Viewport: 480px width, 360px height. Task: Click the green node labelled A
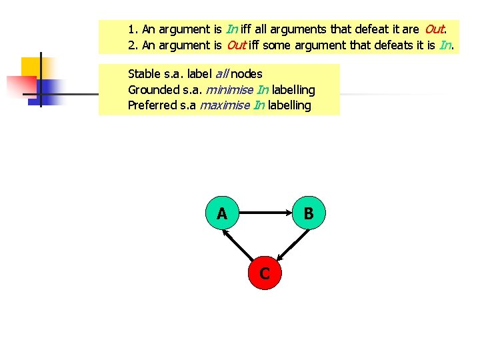(222, 213)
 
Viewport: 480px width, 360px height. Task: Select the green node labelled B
(308, 213)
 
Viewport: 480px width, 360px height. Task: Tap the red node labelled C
(265, 273)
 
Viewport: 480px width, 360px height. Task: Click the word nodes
(247, 74)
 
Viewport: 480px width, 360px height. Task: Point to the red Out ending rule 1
(434, 29)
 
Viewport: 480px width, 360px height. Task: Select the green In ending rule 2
(446, 45)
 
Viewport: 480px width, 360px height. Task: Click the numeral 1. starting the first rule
(133, 29)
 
